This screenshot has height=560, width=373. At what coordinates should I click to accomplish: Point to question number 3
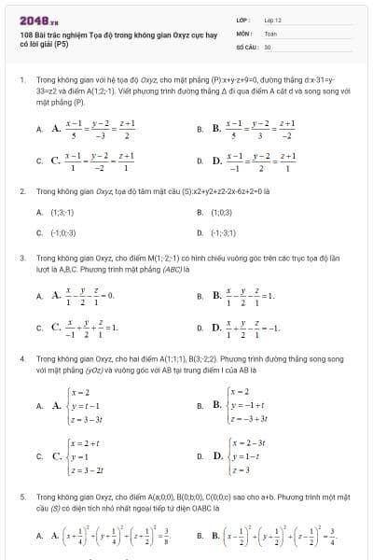pyautogui.click(x=21, y=255)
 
